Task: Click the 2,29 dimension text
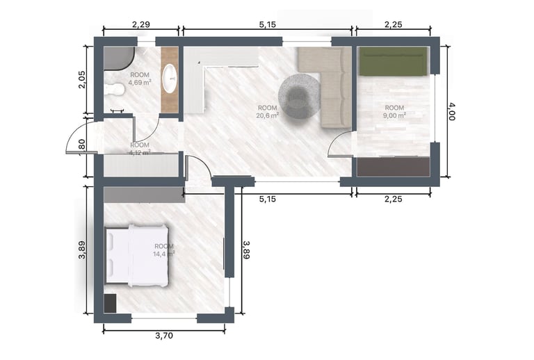tap(140, 24)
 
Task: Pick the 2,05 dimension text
tap(82, 81)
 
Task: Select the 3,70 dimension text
tap(164, 336)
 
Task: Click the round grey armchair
tap(300, 96)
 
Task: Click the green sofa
tap(393, 61)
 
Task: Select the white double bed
tap(137, 255)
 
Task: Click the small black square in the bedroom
tap(110, 304)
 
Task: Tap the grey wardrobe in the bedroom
tap(143, 194)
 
